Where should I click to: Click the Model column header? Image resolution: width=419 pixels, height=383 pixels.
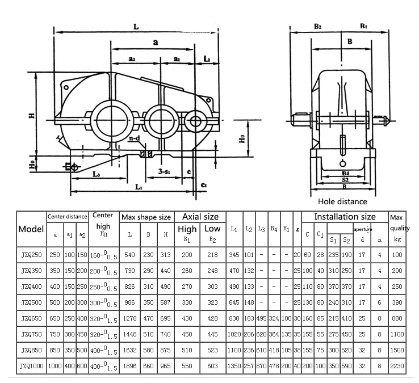[x=31, y=229]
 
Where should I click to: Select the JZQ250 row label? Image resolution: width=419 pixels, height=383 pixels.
[x=31, y=255]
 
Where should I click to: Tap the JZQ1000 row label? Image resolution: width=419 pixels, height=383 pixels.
[x=31, y=367]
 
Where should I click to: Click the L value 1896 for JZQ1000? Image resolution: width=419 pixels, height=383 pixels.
[x=129, y=367]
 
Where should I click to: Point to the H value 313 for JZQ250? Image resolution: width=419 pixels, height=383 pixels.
[x=165, y=255]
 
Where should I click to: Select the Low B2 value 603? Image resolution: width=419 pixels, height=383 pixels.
[x=212, y=367]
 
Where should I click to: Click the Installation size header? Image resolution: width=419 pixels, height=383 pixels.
[x=345, y=216]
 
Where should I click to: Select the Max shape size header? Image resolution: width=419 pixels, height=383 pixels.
[x=146, y=217]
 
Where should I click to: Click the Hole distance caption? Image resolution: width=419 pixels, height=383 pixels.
[x=342, y=201]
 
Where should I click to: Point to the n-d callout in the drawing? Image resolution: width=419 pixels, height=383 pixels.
[x=135, y=138]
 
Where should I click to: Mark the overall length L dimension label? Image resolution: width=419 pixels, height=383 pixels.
[x=136, y=26]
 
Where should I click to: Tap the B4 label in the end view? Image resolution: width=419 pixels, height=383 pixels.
[x=345, y=172]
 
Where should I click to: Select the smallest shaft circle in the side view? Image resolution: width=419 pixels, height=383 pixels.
[x=195, y=120]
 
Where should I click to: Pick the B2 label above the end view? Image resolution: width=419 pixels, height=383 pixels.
[x=317, y=26]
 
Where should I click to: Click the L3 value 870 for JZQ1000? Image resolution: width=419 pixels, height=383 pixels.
[x=261, y=367]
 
